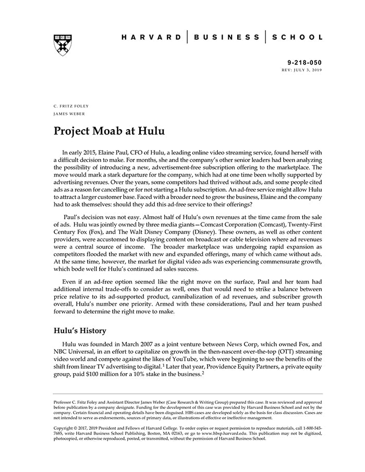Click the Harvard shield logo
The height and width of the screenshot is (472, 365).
(62, 45)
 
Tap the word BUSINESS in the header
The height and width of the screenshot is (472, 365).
(226, 38)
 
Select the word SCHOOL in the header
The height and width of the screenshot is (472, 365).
(297, 38)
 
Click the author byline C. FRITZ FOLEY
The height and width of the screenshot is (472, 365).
(71, 106)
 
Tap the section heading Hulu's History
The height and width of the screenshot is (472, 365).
(80, 330)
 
